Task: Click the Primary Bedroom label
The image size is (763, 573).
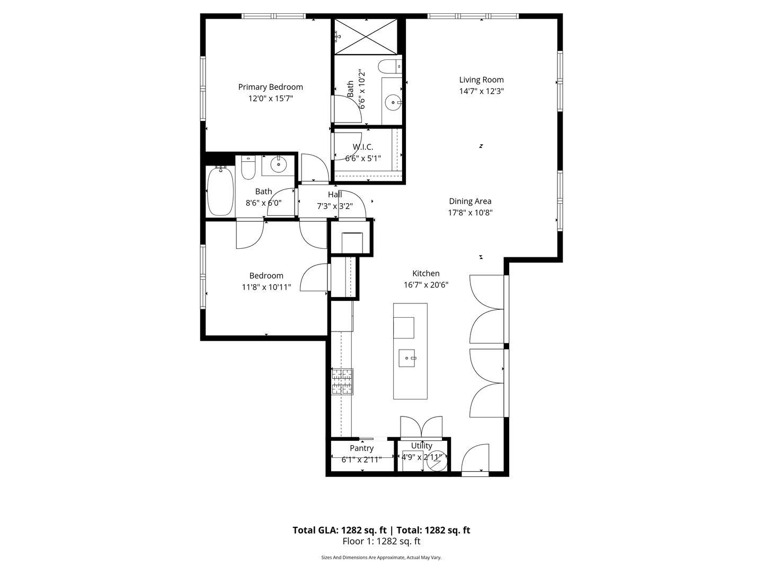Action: (x=270, y=87)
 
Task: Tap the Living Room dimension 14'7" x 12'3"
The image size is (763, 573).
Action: (x=481, y=91)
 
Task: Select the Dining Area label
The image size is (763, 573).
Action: (x=470, y=201)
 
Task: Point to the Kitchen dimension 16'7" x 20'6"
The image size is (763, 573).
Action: (x=426, y=285)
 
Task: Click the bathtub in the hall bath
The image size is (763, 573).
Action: (x=220, y=190)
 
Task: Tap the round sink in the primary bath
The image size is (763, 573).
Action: (x=393, y=102)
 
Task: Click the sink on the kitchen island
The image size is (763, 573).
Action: (x=407, y=358)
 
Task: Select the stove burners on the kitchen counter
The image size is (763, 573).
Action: (x=342, y=381)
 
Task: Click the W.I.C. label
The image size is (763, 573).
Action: (x=363, y=147)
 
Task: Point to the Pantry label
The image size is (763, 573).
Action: (x=361, y=448)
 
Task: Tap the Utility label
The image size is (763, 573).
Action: (x=422, y=445)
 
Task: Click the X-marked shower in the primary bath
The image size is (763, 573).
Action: (x=366, y=37)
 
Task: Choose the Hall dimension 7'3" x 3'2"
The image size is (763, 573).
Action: (x=335, y=206)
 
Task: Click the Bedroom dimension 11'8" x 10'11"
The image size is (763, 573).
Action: (x=267, y=288)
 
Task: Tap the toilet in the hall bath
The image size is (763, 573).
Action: (x=248, y=167)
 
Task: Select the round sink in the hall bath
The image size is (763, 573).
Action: (x=278, y=164)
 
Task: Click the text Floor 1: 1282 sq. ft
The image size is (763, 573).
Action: (x=381, y=541)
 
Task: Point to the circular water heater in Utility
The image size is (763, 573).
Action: (x=436, y=462)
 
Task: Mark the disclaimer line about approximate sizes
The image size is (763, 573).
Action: (x=381, y=558)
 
